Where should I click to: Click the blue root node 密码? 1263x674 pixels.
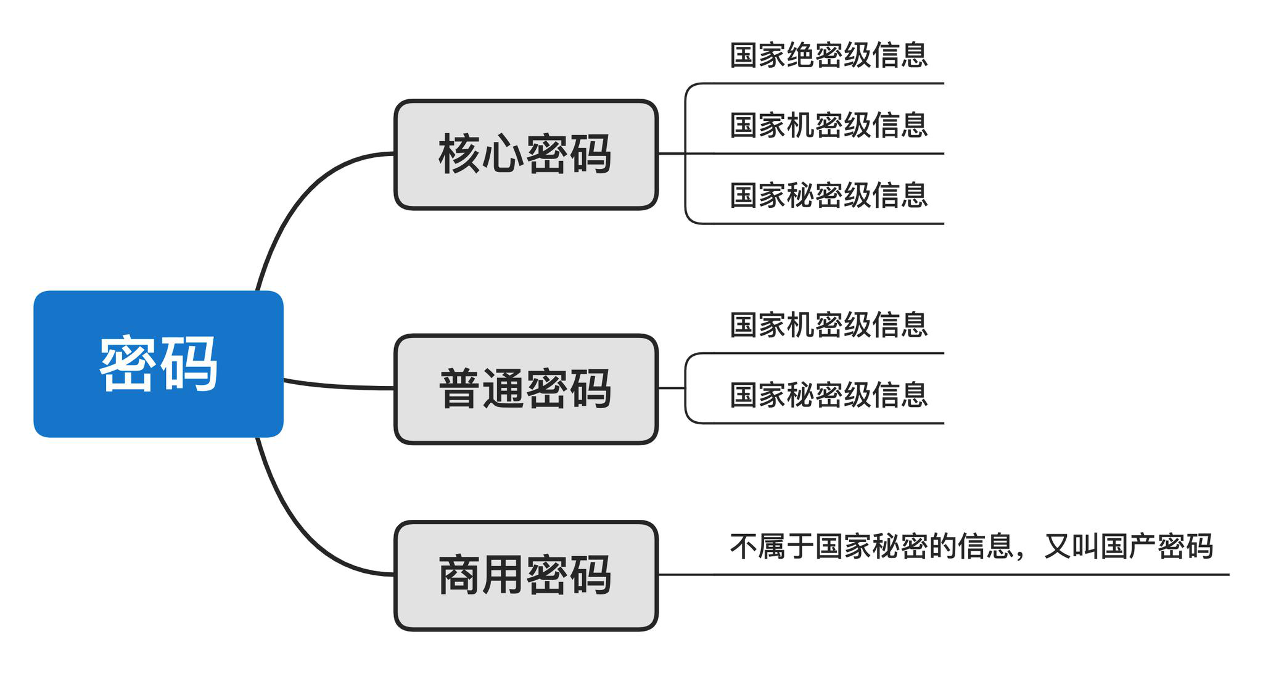(x=158, y=364)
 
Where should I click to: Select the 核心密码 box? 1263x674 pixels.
(x=525, y=154)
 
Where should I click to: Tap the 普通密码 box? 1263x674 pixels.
(x=525, y=389)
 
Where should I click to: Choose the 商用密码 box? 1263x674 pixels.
(x=525, y=575)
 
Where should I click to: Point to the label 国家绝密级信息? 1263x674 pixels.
(x=828, y=55)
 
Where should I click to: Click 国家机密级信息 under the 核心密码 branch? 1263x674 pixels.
(x=828, y=126)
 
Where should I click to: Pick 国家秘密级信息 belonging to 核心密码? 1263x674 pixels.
(x=828, y=195)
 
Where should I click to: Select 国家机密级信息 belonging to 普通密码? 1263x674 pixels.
(x=828, y=325)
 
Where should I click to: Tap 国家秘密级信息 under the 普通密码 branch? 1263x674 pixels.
(x=828, y=395)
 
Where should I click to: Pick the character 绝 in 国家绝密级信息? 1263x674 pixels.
(x=800, y=55)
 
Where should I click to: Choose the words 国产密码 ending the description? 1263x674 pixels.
(x=1157, y=546)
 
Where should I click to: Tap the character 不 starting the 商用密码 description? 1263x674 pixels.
(x=744, y=546)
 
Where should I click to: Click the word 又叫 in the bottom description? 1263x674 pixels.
(x=1071, y=546)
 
